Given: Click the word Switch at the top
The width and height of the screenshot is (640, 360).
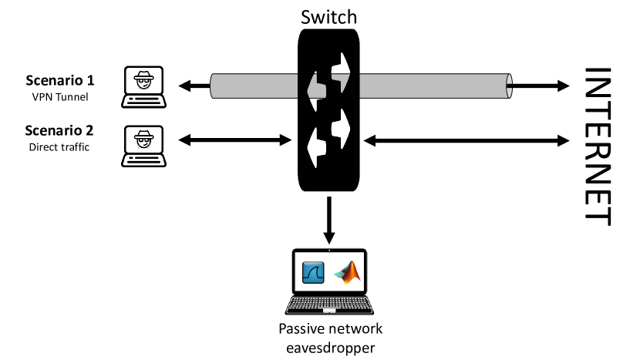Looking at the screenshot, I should [x=328, y=16].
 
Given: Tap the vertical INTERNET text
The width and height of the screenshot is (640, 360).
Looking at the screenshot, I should [x=598, y=146].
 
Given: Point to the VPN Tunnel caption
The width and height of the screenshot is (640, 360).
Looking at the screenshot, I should [x=60, y=96].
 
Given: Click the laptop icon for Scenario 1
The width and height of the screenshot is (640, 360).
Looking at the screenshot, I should [x=145, y=86].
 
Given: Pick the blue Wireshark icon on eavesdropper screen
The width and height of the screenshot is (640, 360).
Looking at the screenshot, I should [x=313, y=274].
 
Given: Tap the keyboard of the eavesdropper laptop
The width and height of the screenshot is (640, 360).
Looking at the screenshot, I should [x=329, y=305].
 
